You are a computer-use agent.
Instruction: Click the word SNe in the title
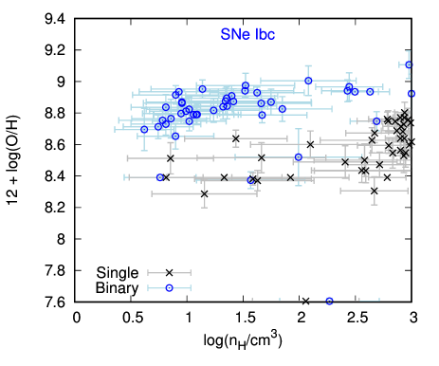click(233, 34)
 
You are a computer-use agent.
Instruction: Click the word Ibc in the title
click(265, 34)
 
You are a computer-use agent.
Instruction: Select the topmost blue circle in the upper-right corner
click(409, 64)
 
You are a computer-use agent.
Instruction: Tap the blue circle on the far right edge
click(412, 93)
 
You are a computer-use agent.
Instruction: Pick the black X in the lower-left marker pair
click(169, 272)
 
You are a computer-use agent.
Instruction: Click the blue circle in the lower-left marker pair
click(169, 287)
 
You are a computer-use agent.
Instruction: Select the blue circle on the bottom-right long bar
click(329, 301)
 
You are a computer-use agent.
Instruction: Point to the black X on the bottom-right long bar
click(305, 301)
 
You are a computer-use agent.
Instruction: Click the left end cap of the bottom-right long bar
click(252, 301)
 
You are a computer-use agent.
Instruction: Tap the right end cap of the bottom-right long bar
click(379, 301)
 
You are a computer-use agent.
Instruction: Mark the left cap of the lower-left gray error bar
click(148, 272)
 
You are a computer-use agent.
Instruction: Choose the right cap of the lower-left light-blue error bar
click(191, 287)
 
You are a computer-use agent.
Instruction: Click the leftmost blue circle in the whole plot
click(144, 129)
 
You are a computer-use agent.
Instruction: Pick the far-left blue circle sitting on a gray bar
click(160, 177)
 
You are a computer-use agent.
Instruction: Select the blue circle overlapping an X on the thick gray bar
click(250, 179)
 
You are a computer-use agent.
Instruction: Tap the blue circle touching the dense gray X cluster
click(376, 120)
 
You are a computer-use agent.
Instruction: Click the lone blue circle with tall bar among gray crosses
click(299, 157)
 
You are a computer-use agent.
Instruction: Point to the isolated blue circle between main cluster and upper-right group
click(308, 81)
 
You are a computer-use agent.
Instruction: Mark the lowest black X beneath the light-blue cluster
click(204, 193)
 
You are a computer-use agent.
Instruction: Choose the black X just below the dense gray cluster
click(375, 190)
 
